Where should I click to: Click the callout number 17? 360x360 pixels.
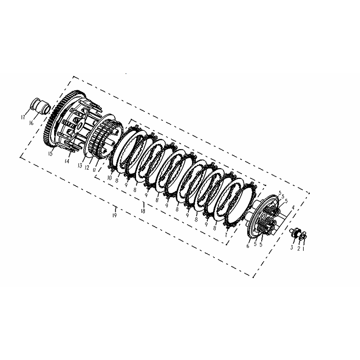tap(23, 117)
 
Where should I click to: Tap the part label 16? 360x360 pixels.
tap(31, 123)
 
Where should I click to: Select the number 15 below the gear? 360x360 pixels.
tap(50, 154)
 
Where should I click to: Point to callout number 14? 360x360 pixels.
tap(67, 161)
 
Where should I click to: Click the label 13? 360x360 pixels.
tap(80, 166)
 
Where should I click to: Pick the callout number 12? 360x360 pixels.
tap(87, 168)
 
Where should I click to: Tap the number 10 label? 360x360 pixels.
tap(110, 178)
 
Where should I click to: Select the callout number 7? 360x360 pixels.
tap(226, 235)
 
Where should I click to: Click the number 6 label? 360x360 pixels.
tap(248, 246)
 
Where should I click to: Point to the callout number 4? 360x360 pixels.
tap(293, 208)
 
